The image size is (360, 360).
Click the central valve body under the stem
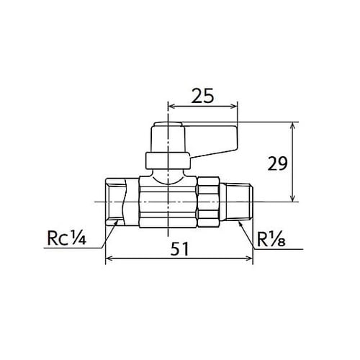pyautogui.click(x=168, y=204)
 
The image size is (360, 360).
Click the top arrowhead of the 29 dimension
pyautogui.click(x=292, y=124)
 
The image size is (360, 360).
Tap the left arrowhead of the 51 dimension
pyautogui.click(x=109, y=259)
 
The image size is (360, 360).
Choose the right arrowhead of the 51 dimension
pyautogui.click(x=251, y=259)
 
